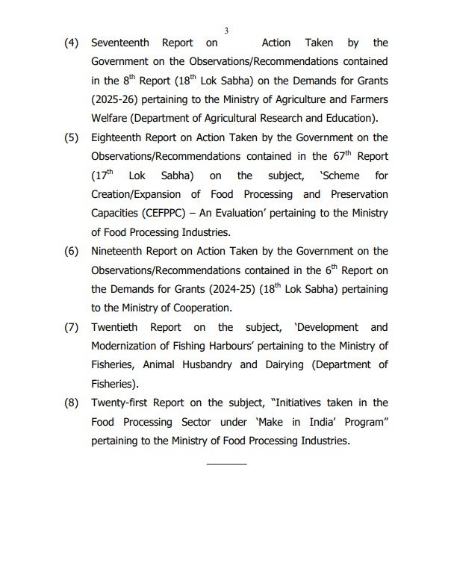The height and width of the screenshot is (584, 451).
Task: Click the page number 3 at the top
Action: tap(225, 30)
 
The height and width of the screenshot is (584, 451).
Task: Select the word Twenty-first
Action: tap(122, 404)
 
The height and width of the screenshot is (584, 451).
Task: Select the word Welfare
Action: tap(112, 119)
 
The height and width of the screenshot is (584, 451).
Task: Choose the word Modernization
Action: tap(131, 347)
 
